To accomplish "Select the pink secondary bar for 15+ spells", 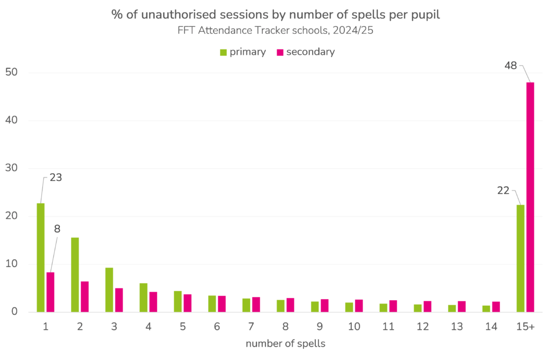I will [x=530, y=197].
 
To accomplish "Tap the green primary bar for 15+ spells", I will [x=520, y=258].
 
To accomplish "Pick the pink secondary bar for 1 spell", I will [x=50, y=292].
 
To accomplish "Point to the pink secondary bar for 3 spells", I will [x=119, y=300].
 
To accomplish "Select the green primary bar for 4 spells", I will [x=143, y=298].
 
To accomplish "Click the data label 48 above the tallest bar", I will [x=511, y=66].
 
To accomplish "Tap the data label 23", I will [x=55, y=178].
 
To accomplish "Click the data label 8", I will [x=57, y=229].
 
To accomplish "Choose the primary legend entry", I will [x=243, y=52].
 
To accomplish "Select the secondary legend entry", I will [x=305, y=52].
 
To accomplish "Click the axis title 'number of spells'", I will [x=285, y=343].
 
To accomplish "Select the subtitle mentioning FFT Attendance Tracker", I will [x=275, y=31].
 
